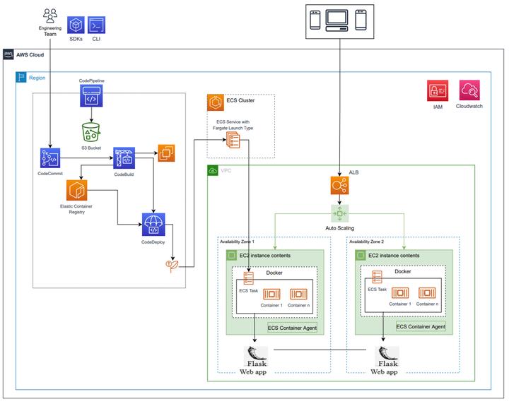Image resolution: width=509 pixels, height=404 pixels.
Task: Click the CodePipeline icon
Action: click(91, 95)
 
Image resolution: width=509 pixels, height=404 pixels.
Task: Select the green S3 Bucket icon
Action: click(91, 132)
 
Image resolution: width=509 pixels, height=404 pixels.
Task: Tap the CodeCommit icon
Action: click(50, 158)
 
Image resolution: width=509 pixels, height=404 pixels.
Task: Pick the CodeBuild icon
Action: click(124, 158)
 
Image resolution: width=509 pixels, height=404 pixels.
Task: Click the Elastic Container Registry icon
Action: click(76, 190)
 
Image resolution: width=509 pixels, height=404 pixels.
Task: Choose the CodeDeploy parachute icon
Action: click(153, 225)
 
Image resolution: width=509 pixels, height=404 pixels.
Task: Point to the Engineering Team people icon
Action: click(50, 16)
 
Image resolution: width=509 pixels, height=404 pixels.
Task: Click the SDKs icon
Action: click(76, 25)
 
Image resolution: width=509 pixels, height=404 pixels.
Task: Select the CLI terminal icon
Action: click(96, 25)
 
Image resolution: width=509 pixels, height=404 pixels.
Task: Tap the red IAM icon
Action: click(438, 91)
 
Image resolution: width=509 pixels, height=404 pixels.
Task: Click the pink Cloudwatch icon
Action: click(469, 90)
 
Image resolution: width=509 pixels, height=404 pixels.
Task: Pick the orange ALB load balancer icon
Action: click(339, 186)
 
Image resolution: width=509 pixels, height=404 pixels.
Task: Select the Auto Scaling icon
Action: click(339, 214)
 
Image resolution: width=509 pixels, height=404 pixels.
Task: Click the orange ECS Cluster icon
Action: click(216, 102)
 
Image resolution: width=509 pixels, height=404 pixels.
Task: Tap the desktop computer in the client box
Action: click(337, 20)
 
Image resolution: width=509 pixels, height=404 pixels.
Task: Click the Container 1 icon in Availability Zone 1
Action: click(271, 294)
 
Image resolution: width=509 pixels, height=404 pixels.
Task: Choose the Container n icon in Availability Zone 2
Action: click(427, 293)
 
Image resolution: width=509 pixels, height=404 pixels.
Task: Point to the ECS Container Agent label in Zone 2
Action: click(421, 326)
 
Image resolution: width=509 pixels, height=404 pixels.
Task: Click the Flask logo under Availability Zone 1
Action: click(256, 357)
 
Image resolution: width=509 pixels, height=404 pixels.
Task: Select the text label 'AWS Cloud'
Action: click(30, 55)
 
